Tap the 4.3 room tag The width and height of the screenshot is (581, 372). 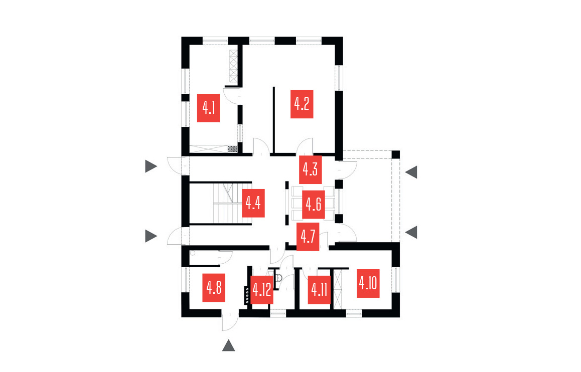pyautogui.click(x=310, y=169)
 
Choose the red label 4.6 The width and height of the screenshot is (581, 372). pyautogui.click(x=314, y=205)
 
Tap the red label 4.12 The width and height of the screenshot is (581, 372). pyautogui.click(x=262, y=290)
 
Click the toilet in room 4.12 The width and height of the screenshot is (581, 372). pyautogui.click(x=280, y=277)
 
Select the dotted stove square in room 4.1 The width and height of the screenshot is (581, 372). pyautogui.click(x=232, y=148)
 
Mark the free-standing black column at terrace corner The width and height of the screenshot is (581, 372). pyautogui.click(x=395, y=154)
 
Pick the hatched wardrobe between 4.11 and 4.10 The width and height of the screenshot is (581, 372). pyautogui.click(x=337, y=289)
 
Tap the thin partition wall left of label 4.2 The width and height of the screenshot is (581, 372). pyautogui.click(x=273, y=119)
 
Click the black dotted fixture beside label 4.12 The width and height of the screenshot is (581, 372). pyautogui.click(x=247, y=295)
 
